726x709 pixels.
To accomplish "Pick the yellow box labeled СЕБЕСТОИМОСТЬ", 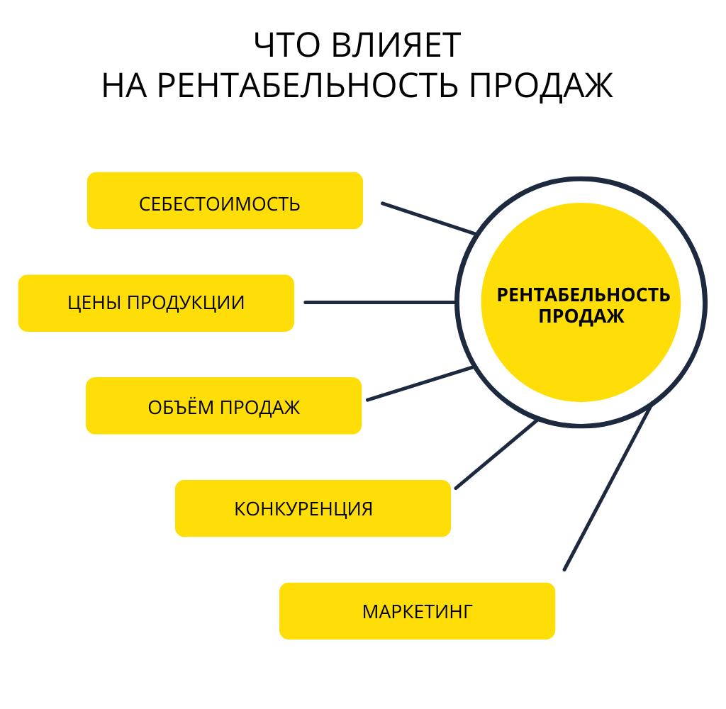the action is pyautogui.click(x=225, y=201).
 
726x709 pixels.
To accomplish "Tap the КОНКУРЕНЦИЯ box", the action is pyautogui.click(x=313, y=508).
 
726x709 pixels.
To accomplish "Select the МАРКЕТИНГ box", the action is pyautogui.click(x=417, y=611).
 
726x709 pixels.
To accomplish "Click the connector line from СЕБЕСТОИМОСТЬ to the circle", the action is pyautogui.click(x=428, y=218).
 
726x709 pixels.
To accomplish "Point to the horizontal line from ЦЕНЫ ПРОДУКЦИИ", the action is pyautogui.click(x=379, y=303).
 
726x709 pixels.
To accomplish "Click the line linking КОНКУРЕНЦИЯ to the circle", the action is pyautogui.click(x=496, y=454).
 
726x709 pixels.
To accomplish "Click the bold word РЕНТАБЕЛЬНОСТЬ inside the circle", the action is pyautogui.click(x=583, y=295).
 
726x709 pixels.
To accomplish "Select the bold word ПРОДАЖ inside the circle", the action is pyautogui.click(x=581, y=317).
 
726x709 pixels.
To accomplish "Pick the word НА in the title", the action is pyautogui.click(x=125, y=86).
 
